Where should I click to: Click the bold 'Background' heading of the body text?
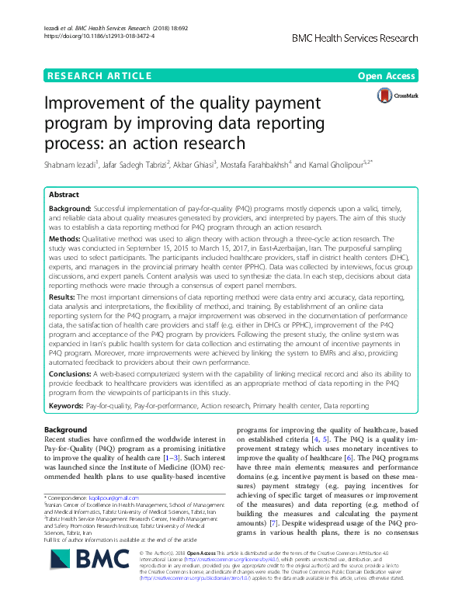65,429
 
